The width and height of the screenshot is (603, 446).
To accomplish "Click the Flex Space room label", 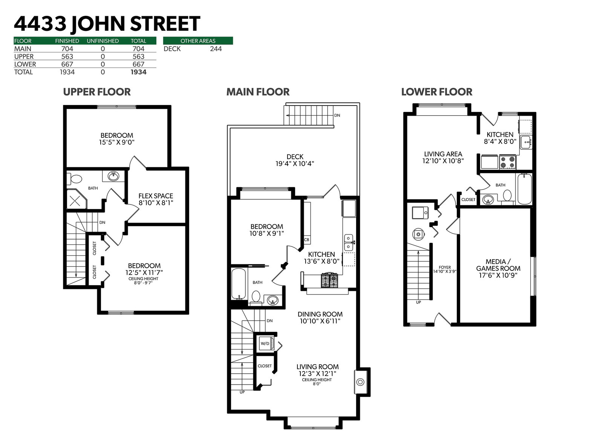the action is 156,196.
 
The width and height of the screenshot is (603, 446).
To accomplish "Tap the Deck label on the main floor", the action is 295,157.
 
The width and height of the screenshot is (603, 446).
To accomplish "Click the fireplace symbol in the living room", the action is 360,382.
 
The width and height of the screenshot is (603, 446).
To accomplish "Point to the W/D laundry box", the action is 265,344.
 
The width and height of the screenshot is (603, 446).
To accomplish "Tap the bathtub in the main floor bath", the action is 239,284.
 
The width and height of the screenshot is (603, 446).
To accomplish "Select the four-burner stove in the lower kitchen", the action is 507,162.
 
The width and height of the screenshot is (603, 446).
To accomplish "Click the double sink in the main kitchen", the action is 349,243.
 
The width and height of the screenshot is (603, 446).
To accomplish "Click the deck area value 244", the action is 216,49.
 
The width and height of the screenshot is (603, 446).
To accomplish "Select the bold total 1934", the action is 138,72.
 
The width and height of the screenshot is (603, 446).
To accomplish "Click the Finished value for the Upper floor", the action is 67,57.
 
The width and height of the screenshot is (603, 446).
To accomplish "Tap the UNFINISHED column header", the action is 103,41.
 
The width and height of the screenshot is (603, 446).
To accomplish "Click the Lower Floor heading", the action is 437,92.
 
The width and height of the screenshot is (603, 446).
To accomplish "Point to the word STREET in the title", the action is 165,24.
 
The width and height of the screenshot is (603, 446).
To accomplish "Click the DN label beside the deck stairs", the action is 337,115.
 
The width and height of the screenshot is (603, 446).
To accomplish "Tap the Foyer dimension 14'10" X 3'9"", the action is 445,271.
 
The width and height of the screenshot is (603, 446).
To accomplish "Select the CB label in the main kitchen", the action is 307,240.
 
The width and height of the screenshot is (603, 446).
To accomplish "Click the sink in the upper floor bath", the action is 113,176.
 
